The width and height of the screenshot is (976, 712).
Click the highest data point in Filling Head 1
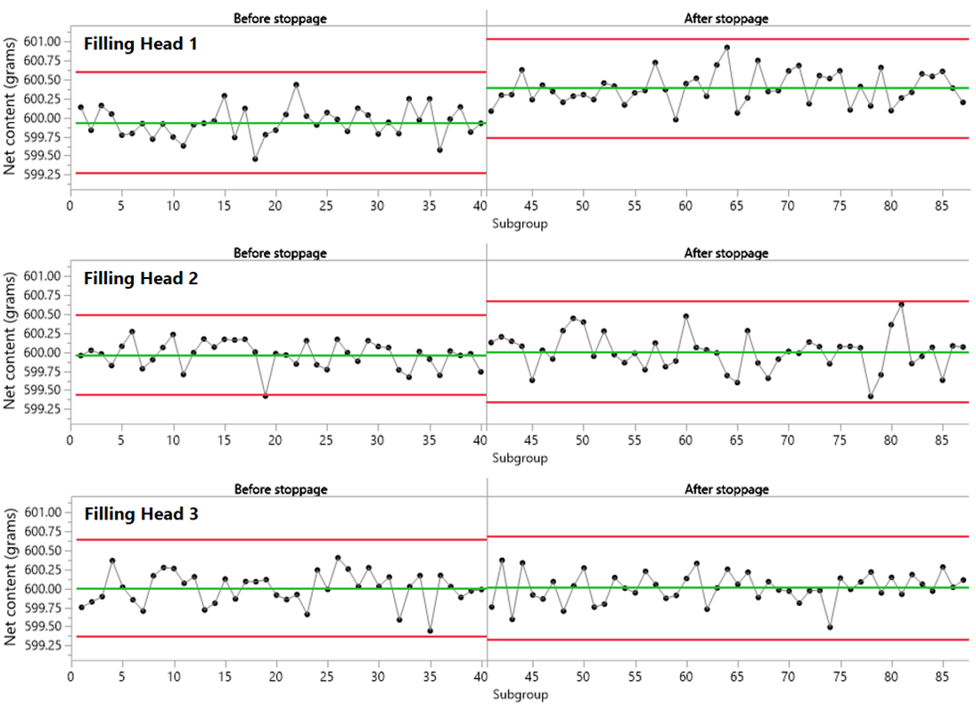pyautogui.click(x=726, y=47)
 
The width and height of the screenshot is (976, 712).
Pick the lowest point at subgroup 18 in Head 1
pyautogui.click(x=255, y=159)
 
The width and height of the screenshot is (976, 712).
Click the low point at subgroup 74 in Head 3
pyautogui.click(x=829, y=626)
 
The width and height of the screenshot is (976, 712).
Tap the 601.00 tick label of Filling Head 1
pyautogui.click(x=42, y=42)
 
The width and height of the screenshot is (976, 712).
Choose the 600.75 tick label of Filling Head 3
pyautogui.click(x=42, y=531)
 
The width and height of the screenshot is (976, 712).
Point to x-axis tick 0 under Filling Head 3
pyautogui.click(x=70, y=677)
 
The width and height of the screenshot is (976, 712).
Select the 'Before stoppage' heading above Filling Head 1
pyautogui.click(x=280, y=18)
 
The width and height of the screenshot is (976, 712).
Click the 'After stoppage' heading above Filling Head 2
pyautogui.click(x=726, y=253)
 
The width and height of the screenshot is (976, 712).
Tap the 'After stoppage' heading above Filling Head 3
pyautogui.click(x=726, y=489)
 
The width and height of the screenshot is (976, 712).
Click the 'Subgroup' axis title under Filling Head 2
pyautogui.click(x=520, y=459)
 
